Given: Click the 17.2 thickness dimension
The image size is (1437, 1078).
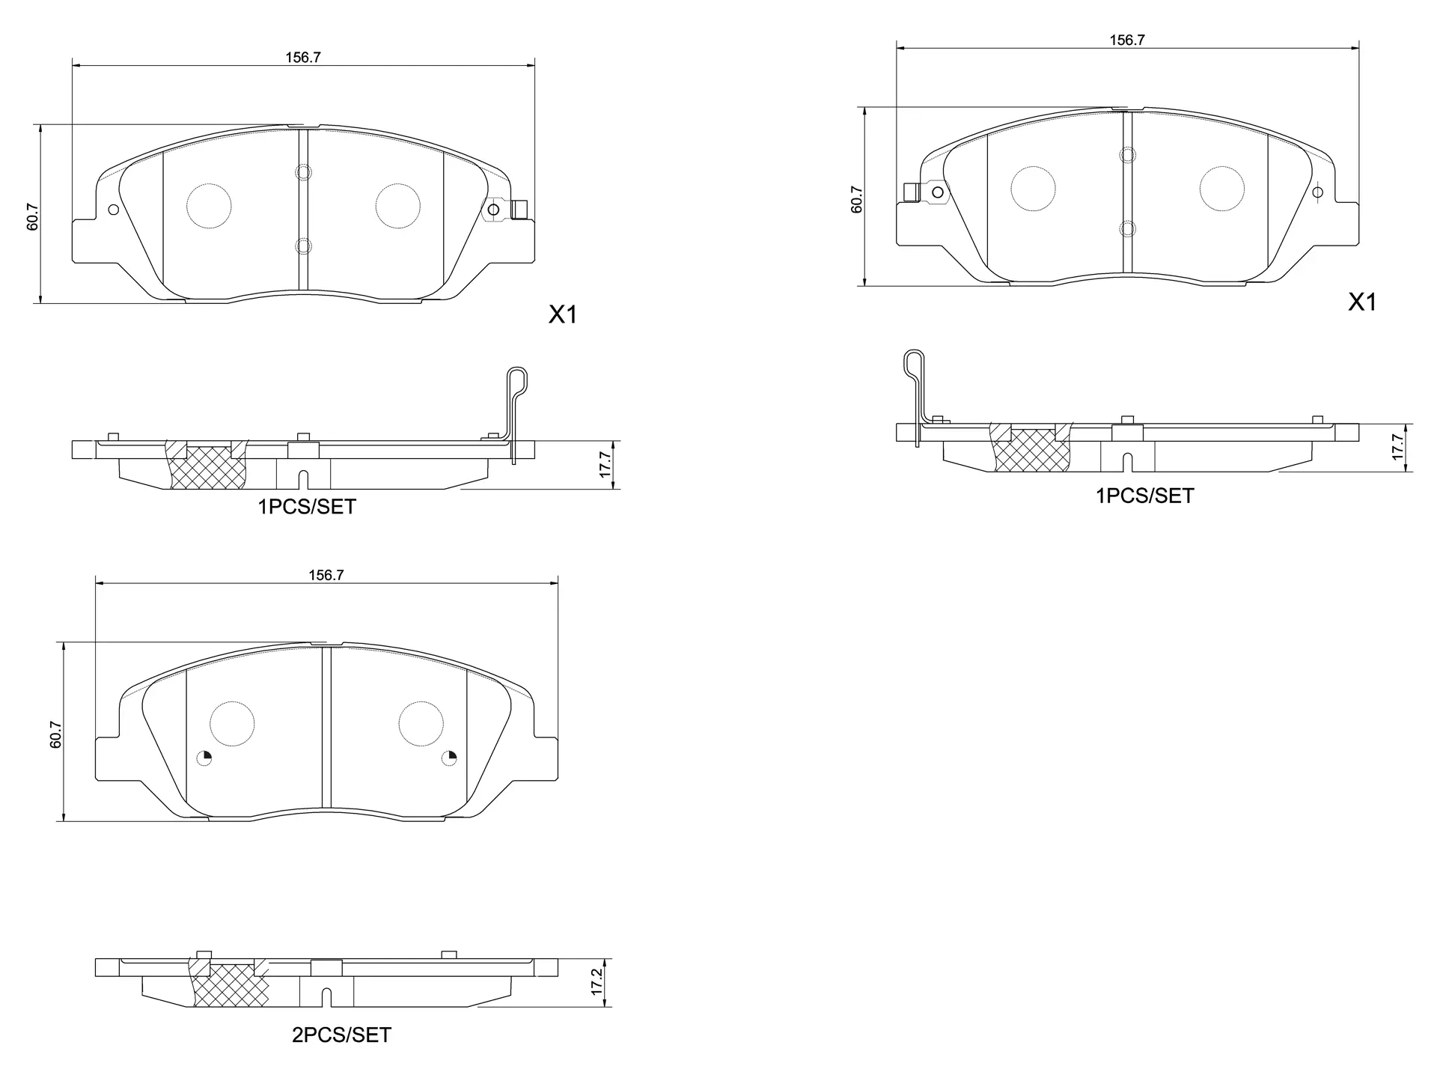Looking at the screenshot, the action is [597, 981].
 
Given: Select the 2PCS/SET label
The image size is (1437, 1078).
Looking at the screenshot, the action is [341, 1035].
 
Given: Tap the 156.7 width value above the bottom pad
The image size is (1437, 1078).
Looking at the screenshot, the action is [326, 575].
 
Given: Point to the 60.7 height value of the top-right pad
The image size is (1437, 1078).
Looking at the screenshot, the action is [857, 199].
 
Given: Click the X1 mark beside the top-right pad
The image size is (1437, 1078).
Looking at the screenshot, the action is [1362, 302].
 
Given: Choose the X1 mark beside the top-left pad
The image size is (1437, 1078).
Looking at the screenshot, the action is [563, 315].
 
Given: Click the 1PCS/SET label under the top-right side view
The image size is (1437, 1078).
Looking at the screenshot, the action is [1145, 496].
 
